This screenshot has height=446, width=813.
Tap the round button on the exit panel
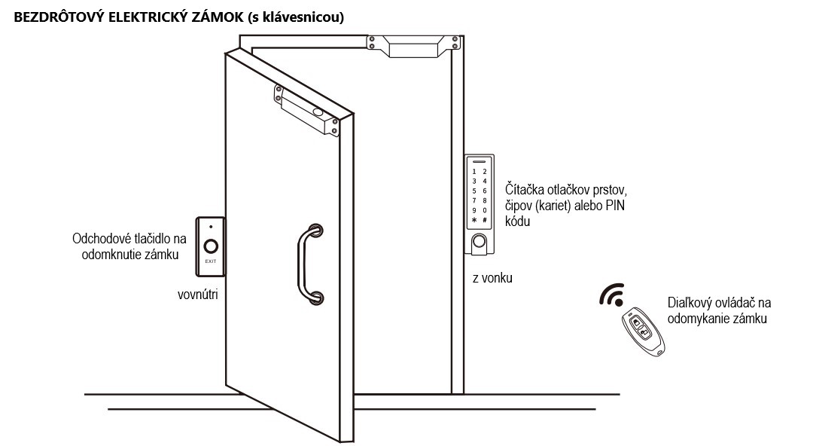(x=211, y=246)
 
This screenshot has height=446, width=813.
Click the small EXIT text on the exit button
(x=211, y=261)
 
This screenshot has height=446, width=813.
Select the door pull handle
(x=310, y=264)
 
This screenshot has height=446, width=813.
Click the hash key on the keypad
(x=485, y=220)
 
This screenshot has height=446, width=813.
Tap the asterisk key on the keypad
(x=474, y=220)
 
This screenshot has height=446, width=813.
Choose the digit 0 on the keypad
(x=485, y=210)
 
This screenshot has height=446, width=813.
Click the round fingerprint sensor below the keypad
(x=479, y=241)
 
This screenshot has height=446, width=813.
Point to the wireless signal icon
(x=612, y=295)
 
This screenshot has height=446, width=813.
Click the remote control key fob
(x=643, y=331)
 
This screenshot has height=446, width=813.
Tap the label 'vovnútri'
(x=197, y=295)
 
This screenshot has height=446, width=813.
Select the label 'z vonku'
(x=492, y=278)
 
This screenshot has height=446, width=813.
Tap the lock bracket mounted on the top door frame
(x=413, y=46)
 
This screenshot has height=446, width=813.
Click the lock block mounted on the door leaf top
(x=307, y=110)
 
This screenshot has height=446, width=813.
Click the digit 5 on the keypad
(x=474, y=191)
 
